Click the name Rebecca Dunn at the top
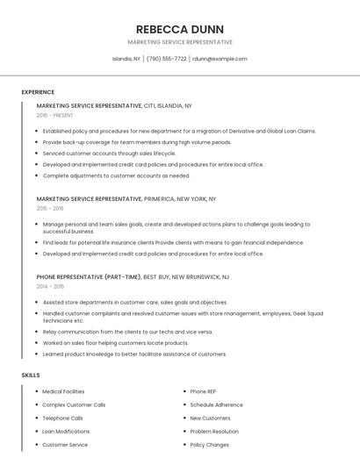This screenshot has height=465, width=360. tap(179, 28)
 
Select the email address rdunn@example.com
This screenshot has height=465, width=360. tap(220, 59)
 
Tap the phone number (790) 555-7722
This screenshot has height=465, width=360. tap(166, 59)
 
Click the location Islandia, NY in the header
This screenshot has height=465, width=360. tap(126, 59)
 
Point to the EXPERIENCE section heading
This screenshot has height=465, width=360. tap(38, 92)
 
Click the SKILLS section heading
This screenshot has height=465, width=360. tap(31, 375)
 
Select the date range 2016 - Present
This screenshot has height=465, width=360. tap(56, 115)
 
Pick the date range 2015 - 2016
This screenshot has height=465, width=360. tap(50, 209)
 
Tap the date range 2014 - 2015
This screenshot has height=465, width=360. tap(50, 286)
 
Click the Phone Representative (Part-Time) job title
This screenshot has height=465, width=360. tap(89, 276)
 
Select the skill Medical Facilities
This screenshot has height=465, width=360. tap(63, 391)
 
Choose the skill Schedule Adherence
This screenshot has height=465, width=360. tap(216, 404)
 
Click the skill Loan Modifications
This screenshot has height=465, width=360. tap(66, 432)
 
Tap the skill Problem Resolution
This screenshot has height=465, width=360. tap(214, 432)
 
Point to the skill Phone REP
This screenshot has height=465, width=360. tap(203, 391)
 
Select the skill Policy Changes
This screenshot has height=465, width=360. tap(210, 445)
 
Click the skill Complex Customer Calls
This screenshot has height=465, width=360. tap(74, 404)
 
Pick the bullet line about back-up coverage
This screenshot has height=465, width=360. tap(137, 142)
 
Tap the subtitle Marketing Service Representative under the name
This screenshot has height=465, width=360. tap(179, 42)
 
